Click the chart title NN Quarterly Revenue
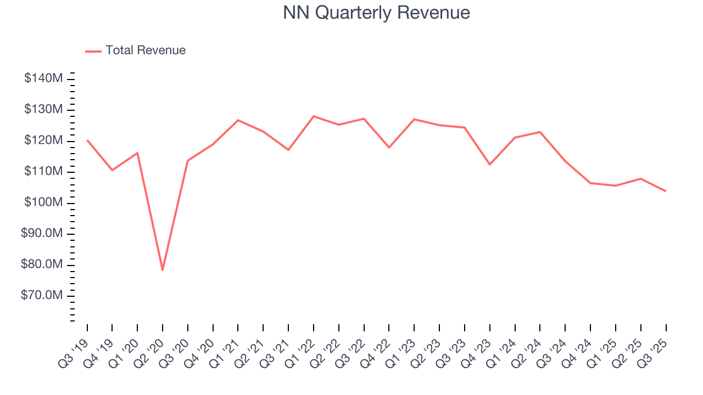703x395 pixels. click(x=376, y=13)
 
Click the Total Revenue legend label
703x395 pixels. click(x=146, y=50)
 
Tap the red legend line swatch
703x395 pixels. click(x=93, y=51)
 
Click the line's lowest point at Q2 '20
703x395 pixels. click(x=163, y=270)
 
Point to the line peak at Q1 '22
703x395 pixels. click(x=314, y=116)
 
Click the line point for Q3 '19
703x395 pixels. click(x=87, y=140)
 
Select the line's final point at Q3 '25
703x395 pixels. click(x=666, y=191)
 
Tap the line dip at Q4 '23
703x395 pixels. click(x=489, y=165)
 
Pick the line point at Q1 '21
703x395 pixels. click(x=238, y=120)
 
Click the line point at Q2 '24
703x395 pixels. click(x=540, y=132)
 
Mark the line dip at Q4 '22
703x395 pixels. click(x=389, y=148)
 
